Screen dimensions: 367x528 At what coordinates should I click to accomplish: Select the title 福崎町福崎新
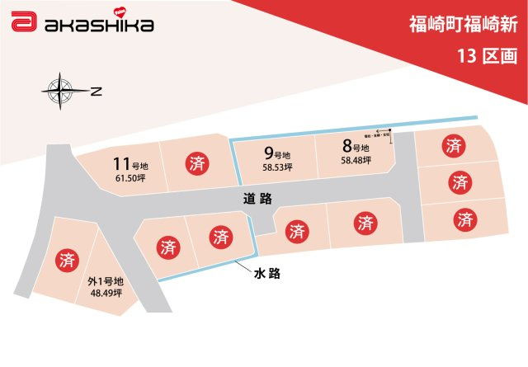pyautogui.click(x=464, y=24)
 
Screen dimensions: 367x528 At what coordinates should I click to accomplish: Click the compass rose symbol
pyautogui.click(x=60, y=90)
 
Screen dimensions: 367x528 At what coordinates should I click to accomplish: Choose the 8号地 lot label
pyautogui.click(x=356, y=148)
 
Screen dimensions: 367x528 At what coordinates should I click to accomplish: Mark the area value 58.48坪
pyautogui.click(x=356, y=161)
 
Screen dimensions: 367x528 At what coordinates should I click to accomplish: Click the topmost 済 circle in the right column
pyautogui.click(x=454, y=147)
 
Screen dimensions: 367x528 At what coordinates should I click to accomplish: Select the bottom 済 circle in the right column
pyautogui.click(x=465, y=219)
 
